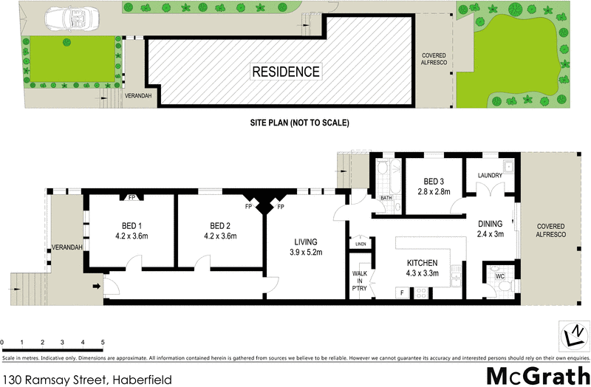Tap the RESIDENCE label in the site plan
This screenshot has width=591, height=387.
click(286, 72)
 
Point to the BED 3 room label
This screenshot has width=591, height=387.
click(434, 186)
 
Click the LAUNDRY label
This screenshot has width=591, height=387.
click(490, 175)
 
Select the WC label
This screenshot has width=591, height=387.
click(500, 276)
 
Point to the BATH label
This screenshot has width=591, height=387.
click(386, 198)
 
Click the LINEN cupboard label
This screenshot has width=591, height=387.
click(361, 244)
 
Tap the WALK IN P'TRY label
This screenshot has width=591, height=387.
click(360, 281)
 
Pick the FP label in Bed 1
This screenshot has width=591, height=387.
click(131, 198)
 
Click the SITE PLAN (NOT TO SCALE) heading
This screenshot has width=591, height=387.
click(298, 123)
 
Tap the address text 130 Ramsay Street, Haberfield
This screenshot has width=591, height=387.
click(87, 380)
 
